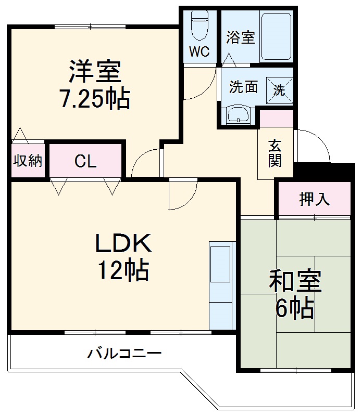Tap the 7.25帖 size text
pyautogui.click(x=94, y=98)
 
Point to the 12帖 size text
pyautogui.click(x=123, y=270)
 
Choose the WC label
pyautogui.click(x=199, y=51)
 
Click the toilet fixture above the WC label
pyautogui.click(x=199, y=26)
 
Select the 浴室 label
pyautogui.click(x=240, y=37)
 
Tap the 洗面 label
pyautogui.click(x=243, y=87)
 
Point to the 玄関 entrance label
pyautogui.click(x=275, y=153)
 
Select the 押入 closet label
pyautogui.click(x=314, y=199)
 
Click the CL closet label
pyautogui.click(x=85, y=161)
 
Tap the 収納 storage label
pyautogui.click(x=27, y=161)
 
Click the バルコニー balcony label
pyautogui.click(x=124, y=354)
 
